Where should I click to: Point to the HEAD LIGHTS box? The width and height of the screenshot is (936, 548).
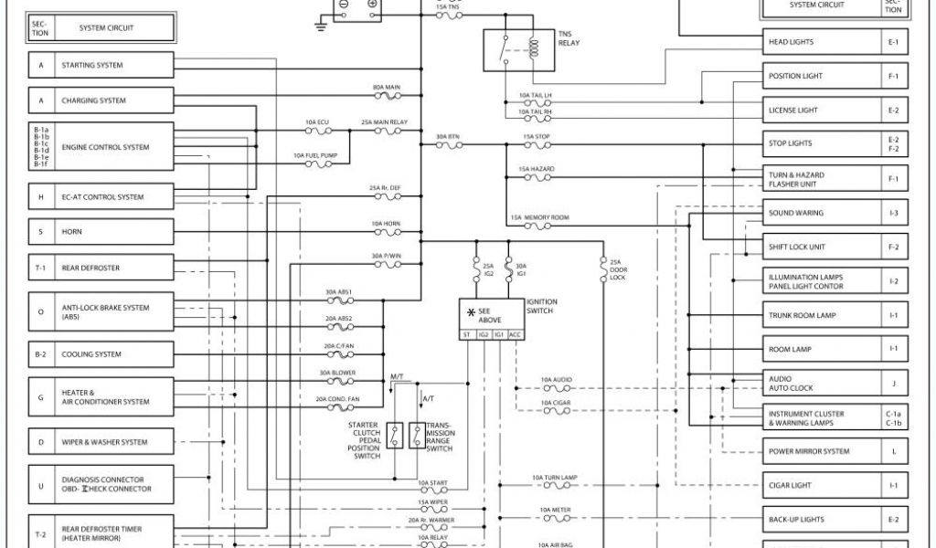(x=822, y=42)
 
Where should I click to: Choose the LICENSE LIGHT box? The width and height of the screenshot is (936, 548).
(x=822, y=111)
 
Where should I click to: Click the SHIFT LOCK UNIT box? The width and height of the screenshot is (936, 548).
(x=822, y=247)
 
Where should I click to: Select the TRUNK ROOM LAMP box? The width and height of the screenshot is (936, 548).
(x=822, y=315)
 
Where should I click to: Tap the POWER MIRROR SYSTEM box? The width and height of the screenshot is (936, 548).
(x=822, y=451)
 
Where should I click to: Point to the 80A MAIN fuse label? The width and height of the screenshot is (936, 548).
(x=387, y=88)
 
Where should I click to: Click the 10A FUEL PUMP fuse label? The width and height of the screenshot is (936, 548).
(x=315, y=156)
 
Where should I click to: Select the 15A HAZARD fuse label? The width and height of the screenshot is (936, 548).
(x=536, y=169)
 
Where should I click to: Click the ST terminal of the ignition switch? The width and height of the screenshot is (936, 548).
(x=468, y=335)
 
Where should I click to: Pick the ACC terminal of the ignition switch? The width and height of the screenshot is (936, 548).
(x=515, y=335)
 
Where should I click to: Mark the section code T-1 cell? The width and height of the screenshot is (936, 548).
(x=40, y=268)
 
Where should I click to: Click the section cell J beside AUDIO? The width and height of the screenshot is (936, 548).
(x=895, y=384)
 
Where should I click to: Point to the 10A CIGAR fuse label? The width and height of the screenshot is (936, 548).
(x=556, y=403)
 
